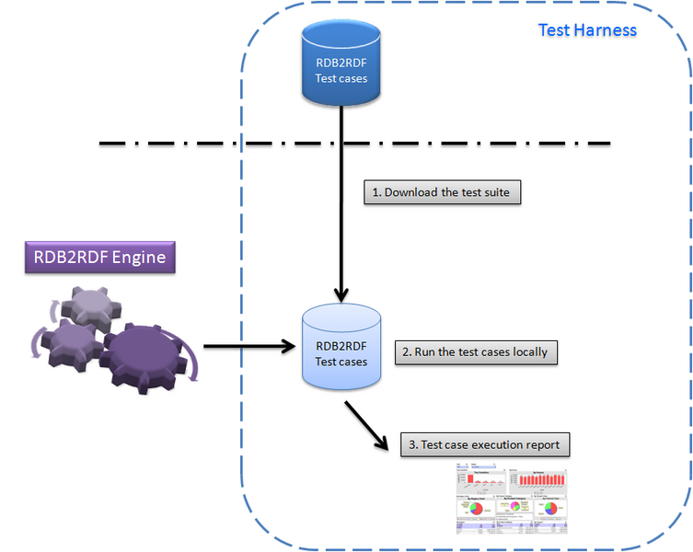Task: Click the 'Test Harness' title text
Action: click(587, 29)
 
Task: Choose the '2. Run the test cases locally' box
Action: click(477, 351)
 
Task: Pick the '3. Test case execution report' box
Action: click(484, 444)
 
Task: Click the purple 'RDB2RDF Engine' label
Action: click(100, 257)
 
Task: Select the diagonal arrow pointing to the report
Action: click(367, 424)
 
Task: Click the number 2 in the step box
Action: click(406, 351)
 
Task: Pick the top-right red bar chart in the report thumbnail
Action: click(539, 479)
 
